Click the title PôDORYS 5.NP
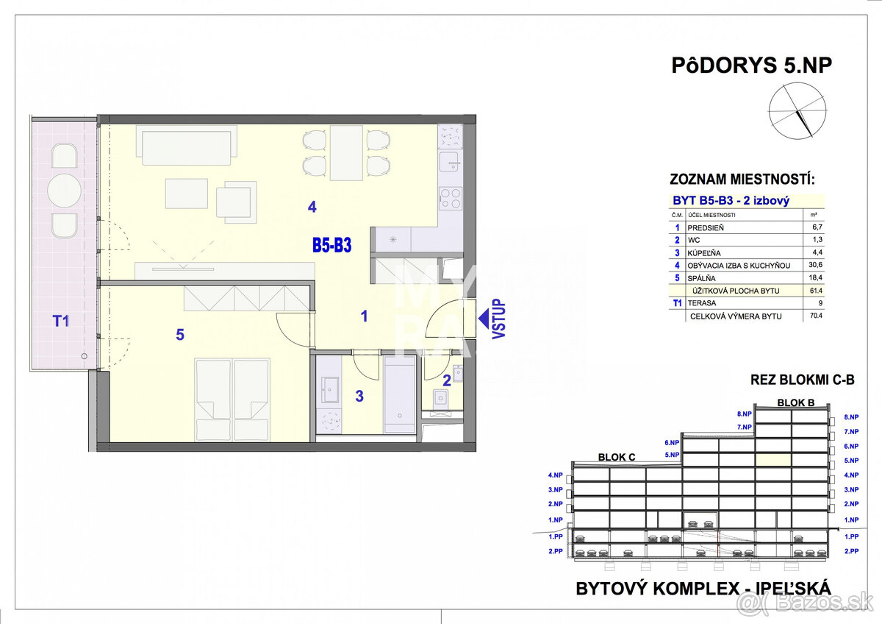[x=751, y=65]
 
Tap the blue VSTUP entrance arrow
[x=486, y=318]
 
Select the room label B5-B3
[x=331, y=245]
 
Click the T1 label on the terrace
[x=61, y=320]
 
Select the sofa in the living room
[x=187, y=146]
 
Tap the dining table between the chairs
[x=345, y=153]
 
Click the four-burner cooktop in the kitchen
[x=450, y=198]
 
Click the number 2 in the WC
[x=446, y=380]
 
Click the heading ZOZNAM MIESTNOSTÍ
[x=742, y=179]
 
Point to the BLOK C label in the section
[x=617, y=456]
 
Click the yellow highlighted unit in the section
[x=773, y=460]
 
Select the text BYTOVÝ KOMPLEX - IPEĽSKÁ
[x=703, y=588]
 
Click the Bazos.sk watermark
[x=808, y=605]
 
